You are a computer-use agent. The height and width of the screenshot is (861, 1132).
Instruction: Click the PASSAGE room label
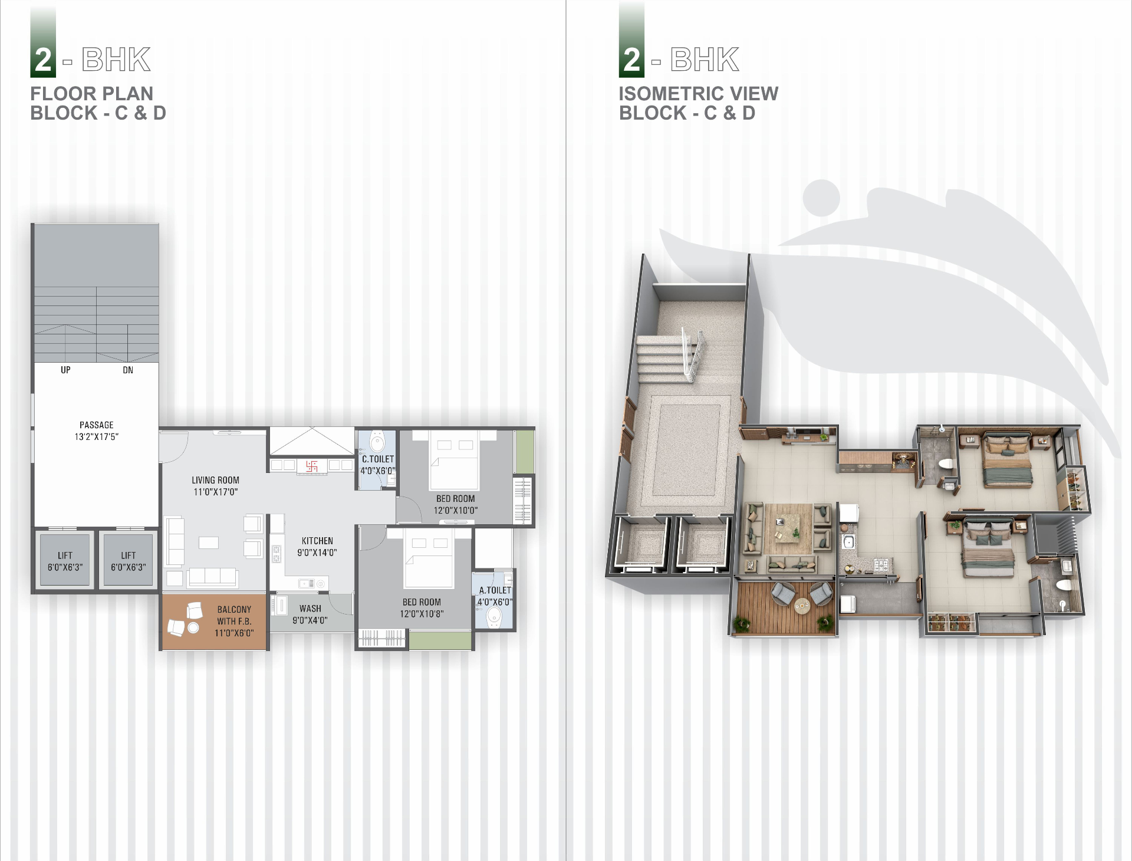[x=97, y=425]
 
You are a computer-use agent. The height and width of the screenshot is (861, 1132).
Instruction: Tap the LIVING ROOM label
[x=215, y=480]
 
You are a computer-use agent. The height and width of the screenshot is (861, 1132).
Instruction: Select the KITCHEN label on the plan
[x=317, y=541]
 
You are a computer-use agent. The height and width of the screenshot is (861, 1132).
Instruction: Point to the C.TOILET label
[x=378, y=459]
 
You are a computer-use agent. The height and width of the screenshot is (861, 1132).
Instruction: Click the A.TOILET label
[x=495, y=590]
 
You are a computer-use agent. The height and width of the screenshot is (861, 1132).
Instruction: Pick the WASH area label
[x=310, y=609]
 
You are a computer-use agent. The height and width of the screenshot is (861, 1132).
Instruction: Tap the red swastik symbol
[x=312, y=466]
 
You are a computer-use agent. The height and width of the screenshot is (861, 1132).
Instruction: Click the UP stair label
[x=65, y=370]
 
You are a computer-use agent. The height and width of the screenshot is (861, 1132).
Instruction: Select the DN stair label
[x=128, y=370]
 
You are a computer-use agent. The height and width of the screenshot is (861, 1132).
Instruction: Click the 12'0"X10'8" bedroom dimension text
[x=422, y=614]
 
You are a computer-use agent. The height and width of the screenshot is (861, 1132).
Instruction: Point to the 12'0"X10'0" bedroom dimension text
[x=456, y=510]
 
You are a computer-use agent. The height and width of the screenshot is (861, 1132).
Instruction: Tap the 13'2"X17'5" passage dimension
[x=97, y=437]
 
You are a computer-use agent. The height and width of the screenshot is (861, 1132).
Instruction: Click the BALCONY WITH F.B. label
[x=234, y=615]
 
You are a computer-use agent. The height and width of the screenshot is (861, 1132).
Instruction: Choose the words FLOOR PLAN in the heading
[x=92, y=93]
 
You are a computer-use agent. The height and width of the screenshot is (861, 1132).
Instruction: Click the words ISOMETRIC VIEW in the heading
[x=699, y=93]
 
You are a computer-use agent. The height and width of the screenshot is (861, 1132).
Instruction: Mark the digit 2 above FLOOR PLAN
[x=43, y=60]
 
